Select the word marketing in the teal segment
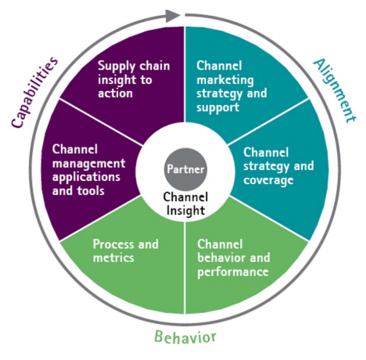pos(218,79)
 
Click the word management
pos(89,162)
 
